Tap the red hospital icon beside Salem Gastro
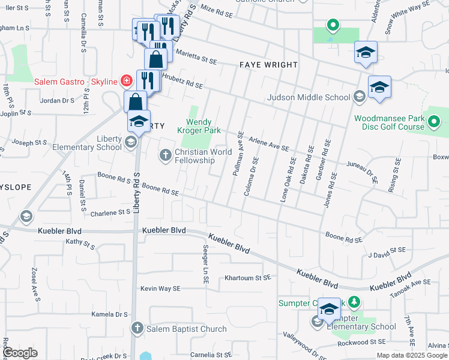tap(126, 81)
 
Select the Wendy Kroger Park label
tap(199, 125)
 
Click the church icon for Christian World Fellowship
tap(166, 155)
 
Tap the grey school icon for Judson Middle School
tap(359, 97)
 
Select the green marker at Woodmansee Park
tap(435, 123)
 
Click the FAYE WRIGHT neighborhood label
tap(268, 65)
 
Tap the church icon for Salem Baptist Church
tap(138, 328)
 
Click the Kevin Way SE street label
tap(160, 289)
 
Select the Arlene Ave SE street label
tap(268, 142)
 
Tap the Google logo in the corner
tap(20, 353)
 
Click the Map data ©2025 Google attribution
tap(412, 355)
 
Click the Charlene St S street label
tap(110, 212)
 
